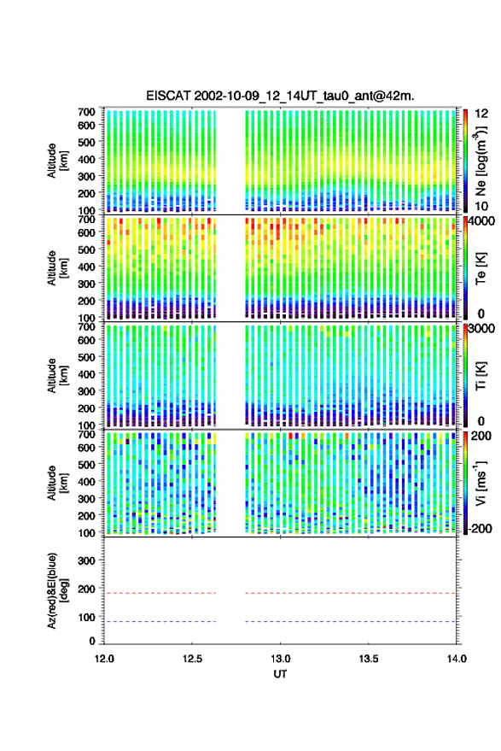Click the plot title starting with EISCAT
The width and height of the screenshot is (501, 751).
pyautogui.click(x=281, y=96)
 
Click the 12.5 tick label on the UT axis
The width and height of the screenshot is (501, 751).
pyautogui.click(x=192, y=659)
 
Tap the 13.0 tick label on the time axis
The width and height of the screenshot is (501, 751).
pyautogui.click(x=281, y=659)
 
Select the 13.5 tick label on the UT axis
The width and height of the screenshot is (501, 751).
pyautogui.click(x=369, y=659)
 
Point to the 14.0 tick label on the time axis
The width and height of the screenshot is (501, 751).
pyautogui.click(x=457, y=659)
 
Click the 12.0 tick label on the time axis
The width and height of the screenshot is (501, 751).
pyautogui.click(x=104, y=659)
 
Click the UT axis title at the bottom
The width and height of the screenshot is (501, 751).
pyautogui.click(x=281, y=674)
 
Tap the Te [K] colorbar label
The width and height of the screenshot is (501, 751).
pyautogui.click(x=481, y=268)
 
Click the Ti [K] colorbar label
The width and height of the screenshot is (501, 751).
pyautogui.click(x=481, y=376)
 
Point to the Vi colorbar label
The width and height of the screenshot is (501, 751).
pyautogui.click(x=481, y=483)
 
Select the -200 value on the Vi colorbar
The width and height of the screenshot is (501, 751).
pyautogui.click(x=479, y=529)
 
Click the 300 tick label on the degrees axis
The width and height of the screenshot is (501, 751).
pyautogui.click(x=86, y=560)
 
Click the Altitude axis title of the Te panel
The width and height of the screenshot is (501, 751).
pyautogui.click(x=57, y=268)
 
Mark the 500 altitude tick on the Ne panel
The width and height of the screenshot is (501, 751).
pyautogui.click(x=86, y=142)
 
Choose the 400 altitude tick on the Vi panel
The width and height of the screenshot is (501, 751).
pyautogui.click(x=86, y=482)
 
